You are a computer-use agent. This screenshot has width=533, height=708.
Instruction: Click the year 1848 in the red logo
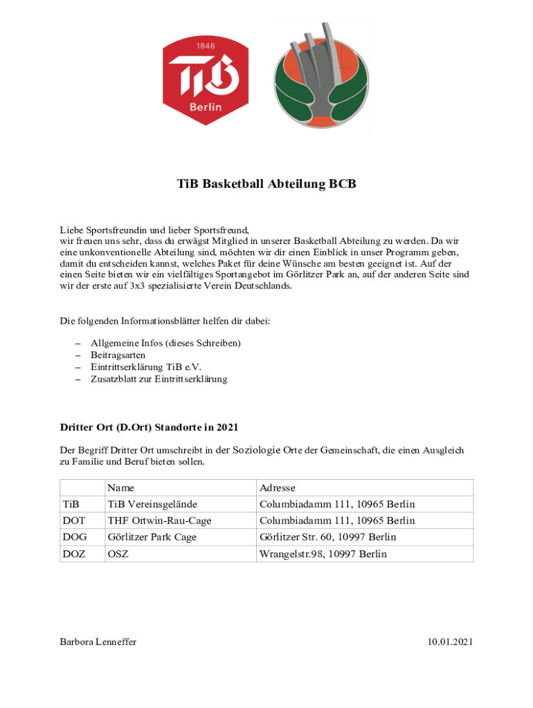[x=206, y=46]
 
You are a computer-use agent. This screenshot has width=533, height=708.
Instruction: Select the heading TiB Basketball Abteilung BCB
[x=266, y=185]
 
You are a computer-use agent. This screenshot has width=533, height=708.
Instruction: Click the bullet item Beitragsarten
[x=118, y=355]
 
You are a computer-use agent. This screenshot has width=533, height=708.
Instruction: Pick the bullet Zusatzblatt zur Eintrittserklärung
[x=159, y=379]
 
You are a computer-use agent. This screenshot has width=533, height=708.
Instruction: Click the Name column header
[x=120, y=487]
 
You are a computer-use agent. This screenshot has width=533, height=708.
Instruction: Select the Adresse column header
[x=277, y=487]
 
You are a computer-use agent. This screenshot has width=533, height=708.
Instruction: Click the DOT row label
[x=75, y=521]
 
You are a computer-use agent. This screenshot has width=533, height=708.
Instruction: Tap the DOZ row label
[x=75, y=554]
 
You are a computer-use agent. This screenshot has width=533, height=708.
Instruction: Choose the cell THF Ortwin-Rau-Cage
[x=159, y=521]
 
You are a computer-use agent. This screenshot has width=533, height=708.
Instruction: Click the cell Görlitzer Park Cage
[x=152, y=537]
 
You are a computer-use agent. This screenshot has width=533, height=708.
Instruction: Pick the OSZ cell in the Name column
[x=118, y=554]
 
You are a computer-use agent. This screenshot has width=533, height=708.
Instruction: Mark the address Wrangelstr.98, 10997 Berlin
[x=323, y=554]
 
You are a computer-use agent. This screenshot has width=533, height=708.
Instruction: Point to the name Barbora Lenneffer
[x=98, y=642]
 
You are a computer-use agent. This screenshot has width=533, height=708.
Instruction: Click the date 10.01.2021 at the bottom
[x=450, y=642]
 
